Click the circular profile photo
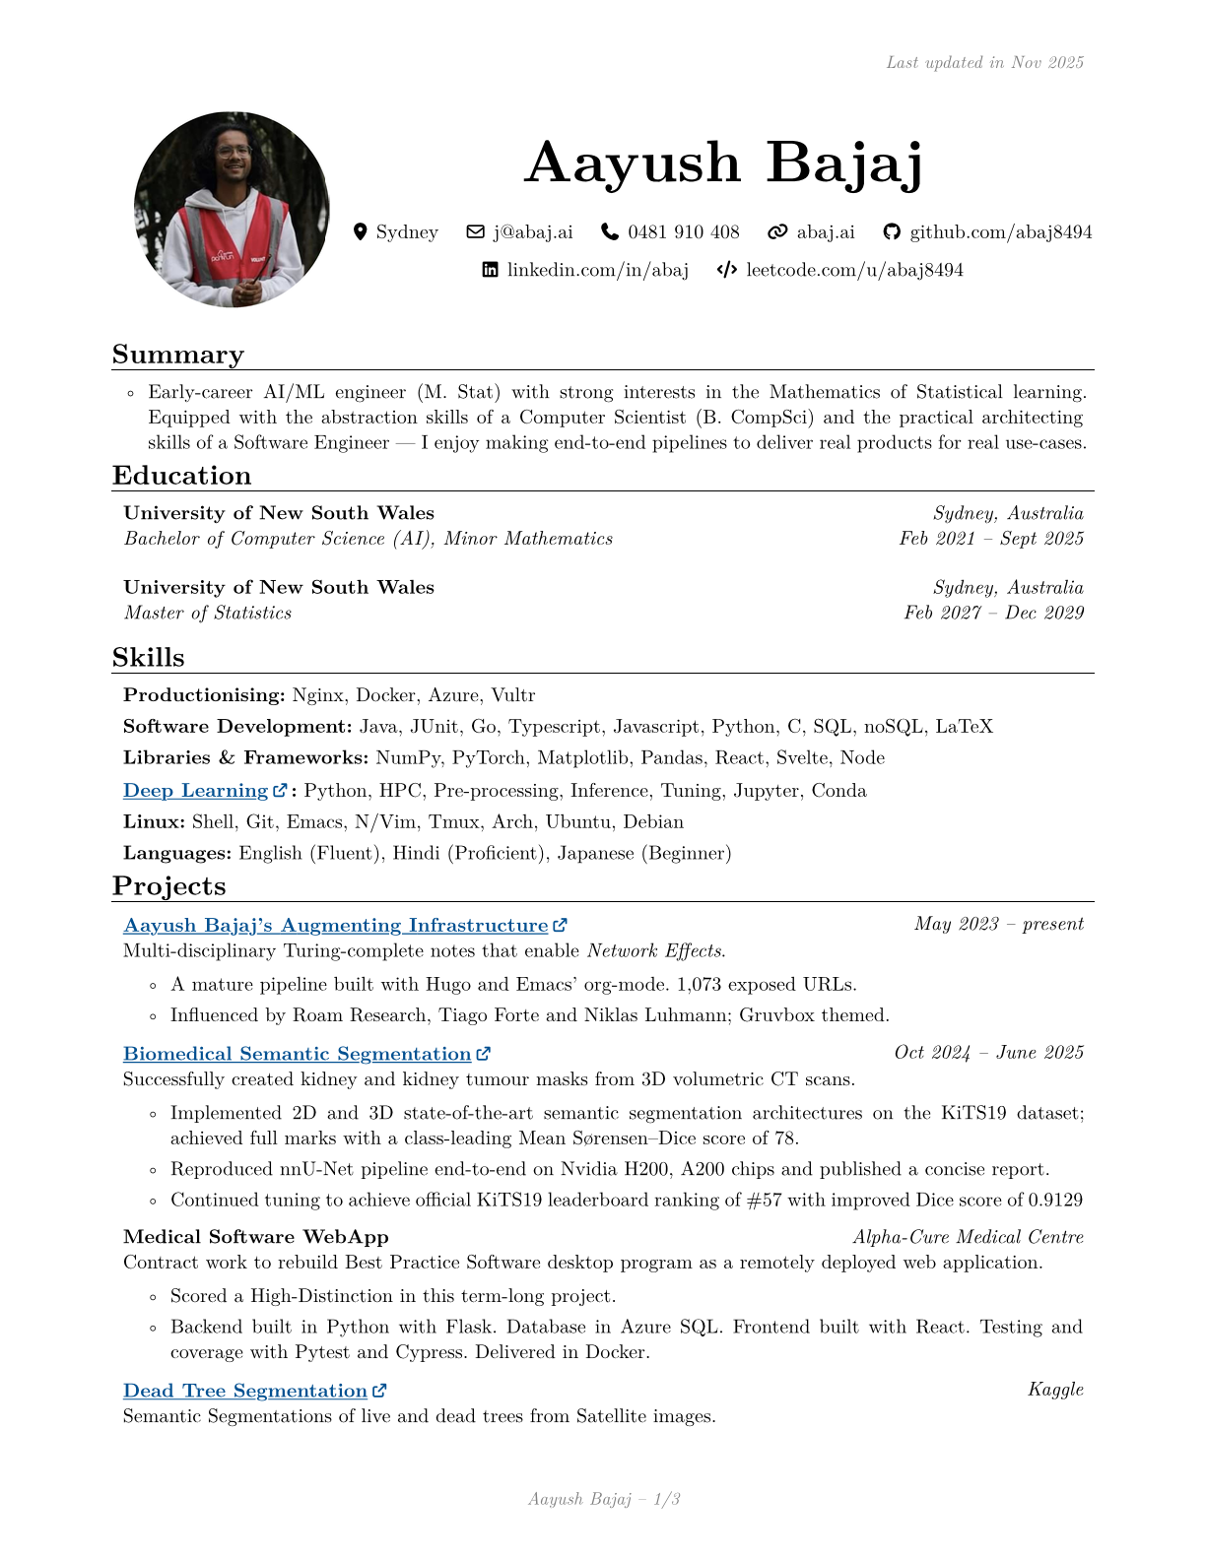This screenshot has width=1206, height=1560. click(x=232, y=210)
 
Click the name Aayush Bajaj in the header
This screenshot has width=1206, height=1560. click(x=724, y=162)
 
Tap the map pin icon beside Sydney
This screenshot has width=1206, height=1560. click(x=360, y=232)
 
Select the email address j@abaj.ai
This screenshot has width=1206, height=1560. click(x=532, y=232)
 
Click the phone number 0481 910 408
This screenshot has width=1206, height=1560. click(x=683, y=232)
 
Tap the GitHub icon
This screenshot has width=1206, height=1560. click(x=892, y=232)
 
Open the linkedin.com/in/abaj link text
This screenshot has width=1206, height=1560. click(x=597, y=270)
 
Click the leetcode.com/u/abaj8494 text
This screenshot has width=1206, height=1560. click(x=854, y=270)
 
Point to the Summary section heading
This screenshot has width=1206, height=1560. click(x=178, y=355)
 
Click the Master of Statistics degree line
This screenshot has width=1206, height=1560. click(x=208, y=613)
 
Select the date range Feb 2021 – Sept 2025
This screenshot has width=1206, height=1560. click(x=991, y=539)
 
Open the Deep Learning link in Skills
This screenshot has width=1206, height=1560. click(x=196, y=791)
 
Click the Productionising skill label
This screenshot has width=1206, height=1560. click(x=204, y=695)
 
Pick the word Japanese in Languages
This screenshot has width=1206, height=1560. click(x=596, y=853)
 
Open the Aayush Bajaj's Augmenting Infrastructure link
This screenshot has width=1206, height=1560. click(x=335, y=926)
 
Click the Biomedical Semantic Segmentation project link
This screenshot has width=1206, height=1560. click(x=297, y=1054)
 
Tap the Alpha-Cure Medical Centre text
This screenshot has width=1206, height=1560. click(x=968, y=1237)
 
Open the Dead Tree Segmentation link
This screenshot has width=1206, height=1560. click(x=245, y=1391)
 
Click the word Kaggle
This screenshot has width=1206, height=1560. click(x=1055, y=1390)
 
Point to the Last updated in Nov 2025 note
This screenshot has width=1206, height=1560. click(x=984, y=63)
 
